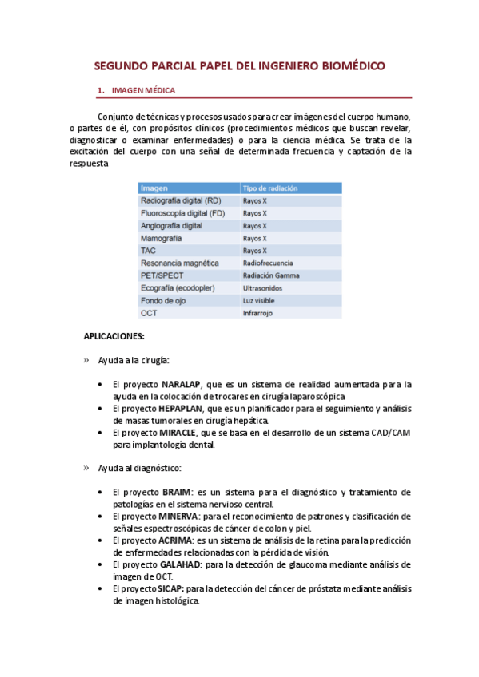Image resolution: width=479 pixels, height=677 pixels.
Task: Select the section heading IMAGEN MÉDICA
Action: point(144,90)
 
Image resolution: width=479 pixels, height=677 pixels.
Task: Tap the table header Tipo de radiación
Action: point(270,188)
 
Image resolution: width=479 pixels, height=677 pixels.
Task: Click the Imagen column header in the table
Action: point(154,188)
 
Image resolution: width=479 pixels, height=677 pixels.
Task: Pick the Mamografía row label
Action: point(161,238)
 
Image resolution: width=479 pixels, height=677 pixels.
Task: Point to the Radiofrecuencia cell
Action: point(268,263)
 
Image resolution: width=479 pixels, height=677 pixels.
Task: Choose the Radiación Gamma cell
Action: point(271,275)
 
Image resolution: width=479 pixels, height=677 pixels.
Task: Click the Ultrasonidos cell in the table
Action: point(265,287)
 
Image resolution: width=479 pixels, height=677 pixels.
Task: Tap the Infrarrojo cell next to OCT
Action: point(258,313)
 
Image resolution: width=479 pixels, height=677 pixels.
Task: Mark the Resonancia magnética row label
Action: point(179,263)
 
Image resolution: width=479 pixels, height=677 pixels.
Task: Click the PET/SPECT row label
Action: point(162,275)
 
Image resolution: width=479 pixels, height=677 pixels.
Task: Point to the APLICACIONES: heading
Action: point(114,337)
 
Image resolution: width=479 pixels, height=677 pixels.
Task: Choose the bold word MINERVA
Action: point(182,516)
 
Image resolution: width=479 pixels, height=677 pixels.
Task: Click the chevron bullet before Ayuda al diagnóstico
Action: point(87,467)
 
